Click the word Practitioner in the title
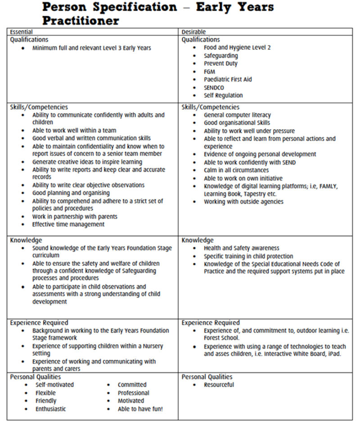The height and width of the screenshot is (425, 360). (x=81, y=20)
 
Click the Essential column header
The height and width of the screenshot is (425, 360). (x=21, y=32)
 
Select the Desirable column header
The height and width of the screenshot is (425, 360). (x=193, y=32)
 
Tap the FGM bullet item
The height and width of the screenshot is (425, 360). (x=209, y=72)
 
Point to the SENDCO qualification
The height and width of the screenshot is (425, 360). (x=214, y=88)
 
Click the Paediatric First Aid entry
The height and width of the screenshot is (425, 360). (x=228, y=80)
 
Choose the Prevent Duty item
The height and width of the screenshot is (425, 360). (x=220, y=63)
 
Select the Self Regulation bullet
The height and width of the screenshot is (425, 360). (x=223, y=95)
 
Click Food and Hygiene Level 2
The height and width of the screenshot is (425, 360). (x=237, y=47)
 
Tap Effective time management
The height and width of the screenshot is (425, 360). (x=68, y=224)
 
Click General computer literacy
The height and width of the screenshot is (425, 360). (x=237, y=115)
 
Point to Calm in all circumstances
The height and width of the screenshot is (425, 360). (x=236, y=170)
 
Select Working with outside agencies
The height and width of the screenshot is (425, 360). (x=243, y=202)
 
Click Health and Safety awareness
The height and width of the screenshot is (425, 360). (x=241, y=248)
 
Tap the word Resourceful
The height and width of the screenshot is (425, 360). (x=219, y=385)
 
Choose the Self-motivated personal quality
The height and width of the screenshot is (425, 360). (x=54, y=385)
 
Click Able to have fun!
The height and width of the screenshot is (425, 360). (x=140, y=409)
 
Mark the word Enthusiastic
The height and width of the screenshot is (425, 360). (x=50, y=409)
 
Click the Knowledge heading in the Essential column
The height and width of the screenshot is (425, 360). (x=26, y=240)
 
